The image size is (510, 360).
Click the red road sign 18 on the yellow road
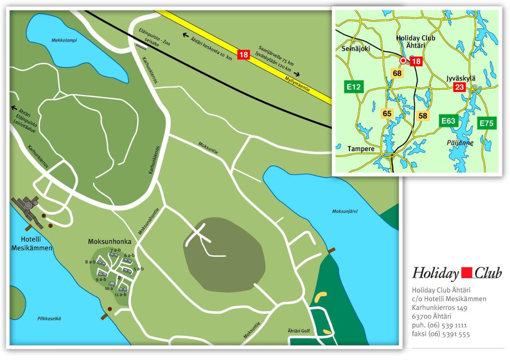point(243,54)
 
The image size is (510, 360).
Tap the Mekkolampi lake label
point(64,40)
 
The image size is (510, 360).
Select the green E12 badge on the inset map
point(353,87)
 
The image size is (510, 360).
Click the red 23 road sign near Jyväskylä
point(459,87)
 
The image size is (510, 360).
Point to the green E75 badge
point(486,123)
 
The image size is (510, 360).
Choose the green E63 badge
point(449,121)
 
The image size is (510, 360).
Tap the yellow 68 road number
point(397,73)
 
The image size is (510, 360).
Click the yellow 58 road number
point(423,116)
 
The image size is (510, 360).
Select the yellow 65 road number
point(387,114)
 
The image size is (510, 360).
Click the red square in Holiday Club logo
point(466,272)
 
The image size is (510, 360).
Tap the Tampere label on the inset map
point(361,149)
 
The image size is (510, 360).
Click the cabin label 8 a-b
point(90,262)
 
